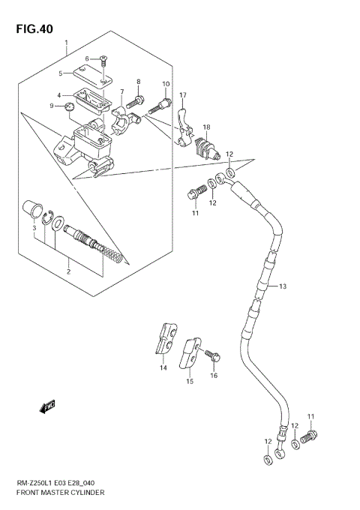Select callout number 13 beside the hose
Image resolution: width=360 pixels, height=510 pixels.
283,286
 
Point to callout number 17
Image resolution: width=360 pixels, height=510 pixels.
182,95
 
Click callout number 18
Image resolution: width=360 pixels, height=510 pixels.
205,127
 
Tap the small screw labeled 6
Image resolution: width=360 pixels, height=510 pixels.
103,58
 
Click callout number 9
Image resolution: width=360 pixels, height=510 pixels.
52,106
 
